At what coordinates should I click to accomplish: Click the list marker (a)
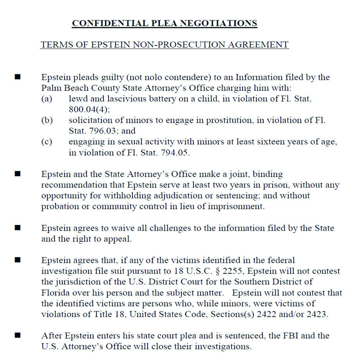coord(47,99)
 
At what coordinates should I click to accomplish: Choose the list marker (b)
coord(47,121)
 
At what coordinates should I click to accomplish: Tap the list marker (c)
coord(47,142)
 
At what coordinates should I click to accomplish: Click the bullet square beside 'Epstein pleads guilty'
coord(18,77)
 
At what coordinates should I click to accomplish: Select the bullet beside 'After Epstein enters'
coord(18,335)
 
